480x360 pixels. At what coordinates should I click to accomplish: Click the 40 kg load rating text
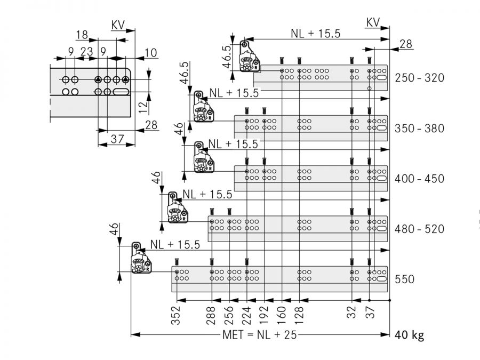pos(410,335)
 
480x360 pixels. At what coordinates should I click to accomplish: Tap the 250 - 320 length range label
pos(420,78)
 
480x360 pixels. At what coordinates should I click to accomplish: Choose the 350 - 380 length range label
pos(420,129)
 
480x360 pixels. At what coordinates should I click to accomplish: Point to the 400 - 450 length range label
pos(420,179)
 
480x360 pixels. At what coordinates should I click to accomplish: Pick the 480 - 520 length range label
pos(420,229)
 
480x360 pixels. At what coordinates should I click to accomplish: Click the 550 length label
pos(404,279)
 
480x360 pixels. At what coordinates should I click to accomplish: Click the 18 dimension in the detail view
pos(82,35)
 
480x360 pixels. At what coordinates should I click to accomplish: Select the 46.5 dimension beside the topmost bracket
pos(227,57)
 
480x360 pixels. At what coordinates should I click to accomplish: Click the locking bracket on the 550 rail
pos(141,260)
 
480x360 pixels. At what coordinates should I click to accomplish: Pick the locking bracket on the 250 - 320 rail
pos(250,57)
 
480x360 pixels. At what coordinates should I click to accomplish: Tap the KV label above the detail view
pos(118,26)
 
